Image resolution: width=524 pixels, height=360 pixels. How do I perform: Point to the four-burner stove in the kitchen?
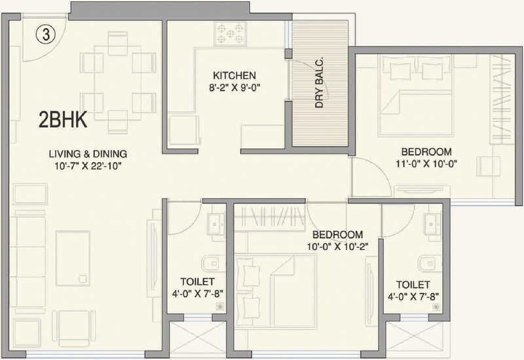pos(230,33)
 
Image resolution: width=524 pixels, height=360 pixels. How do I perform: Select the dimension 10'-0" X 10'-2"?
pos(337,247)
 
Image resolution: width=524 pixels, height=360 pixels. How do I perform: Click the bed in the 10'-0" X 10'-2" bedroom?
pos(275,288)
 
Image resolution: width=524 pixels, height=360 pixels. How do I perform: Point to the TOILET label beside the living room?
pos(187,281)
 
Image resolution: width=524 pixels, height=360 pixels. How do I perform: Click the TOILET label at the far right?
pos(413,285)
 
